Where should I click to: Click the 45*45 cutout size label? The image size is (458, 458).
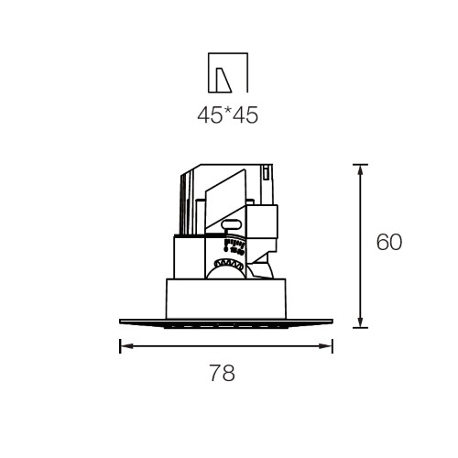228,115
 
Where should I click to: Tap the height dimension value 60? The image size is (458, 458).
389,242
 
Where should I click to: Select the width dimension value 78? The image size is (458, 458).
223,373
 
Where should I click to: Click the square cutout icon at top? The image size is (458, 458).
228,72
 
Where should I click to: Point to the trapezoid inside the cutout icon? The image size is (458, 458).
224,80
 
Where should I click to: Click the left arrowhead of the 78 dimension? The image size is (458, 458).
126,346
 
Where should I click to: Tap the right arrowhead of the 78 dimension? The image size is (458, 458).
325,346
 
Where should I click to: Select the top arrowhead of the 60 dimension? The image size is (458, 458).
360,171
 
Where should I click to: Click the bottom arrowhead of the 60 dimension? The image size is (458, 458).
360,321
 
